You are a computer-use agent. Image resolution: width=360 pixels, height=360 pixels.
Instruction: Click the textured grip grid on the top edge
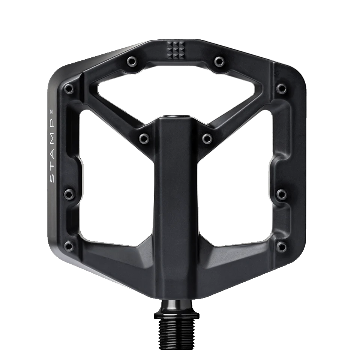[175, 49]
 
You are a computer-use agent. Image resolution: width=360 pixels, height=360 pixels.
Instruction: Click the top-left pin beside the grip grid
[131, 60]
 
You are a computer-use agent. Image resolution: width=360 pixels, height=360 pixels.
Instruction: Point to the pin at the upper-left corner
[69, 89]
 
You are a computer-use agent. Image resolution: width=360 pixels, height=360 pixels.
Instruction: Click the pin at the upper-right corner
[282, 88]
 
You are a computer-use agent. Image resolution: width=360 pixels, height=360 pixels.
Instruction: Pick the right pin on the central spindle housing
[207, 138]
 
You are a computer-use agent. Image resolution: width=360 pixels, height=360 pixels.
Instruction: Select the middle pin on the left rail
[69, 194]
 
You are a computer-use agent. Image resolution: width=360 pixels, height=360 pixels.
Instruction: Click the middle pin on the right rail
[282, 194]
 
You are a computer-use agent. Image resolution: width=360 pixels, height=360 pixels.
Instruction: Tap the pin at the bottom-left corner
[69, 246]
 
